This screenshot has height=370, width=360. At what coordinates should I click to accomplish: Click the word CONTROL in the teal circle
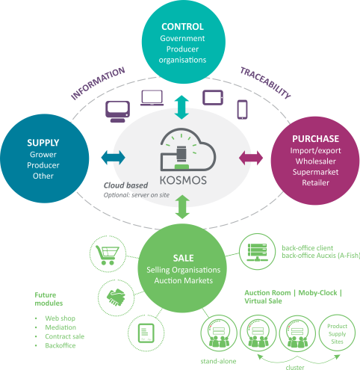pos(182,27)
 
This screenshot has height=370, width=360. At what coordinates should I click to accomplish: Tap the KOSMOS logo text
pos(183,180)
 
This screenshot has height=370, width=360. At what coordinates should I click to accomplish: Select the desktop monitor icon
pos(117,111)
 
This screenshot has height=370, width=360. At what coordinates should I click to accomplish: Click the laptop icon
pos(152,98)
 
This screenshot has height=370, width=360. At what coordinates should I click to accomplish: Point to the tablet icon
pos(213,97)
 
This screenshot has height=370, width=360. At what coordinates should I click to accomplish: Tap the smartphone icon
pos(242,110)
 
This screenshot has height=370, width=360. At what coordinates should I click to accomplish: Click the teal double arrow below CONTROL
pos(181,107)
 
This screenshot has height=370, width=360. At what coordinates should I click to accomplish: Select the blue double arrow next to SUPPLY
pos(114,158)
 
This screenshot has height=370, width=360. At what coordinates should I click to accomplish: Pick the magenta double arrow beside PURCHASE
pos(251,158)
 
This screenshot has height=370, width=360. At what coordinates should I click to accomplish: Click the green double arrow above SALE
pos(182,207)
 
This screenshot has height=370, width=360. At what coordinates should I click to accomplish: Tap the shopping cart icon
pos(108,255)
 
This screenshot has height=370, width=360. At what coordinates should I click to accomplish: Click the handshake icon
pos(116,297)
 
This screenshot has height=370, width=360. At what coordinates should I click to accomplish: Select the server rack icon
pos(257,252)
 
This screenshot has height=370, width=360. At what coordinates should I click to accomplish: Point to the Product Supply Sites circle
pos(337,333)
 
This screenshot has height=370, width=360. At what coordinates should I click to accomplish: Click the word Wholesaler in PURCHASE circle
pos(316,161)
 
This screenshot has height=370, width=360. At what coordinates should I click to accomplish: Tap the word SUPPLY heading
pos(43,143)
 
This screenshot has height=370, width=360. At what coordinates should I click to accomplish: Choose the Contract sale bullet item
pos(65,336)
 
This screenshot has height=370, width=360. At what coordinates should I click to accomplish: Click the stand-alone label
pos(218,361)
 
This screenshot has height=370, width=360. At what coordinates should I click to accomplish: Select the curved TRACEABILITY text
pos(265,83)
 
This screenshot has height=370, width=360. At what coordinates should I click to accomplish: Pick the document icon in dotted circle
pos(146,333)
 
